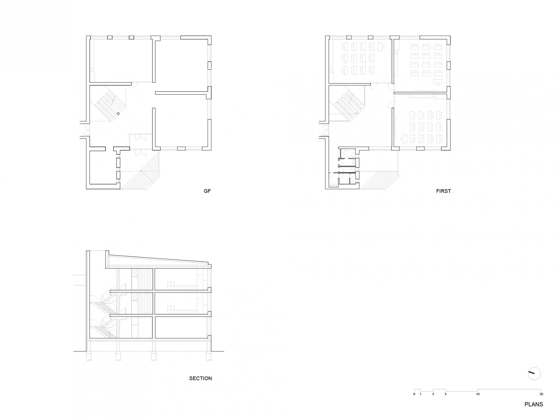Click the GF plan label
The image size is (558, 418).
pyautogui.click(x=207, y=191)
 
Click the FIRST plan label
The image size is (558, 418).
pyautogui.click(x=443, y=191)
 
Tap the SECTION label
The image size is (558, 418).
pyautogui.click(x=200, y=378)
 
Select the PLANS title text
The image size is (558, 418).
pyautogui.click(x=534, y=404)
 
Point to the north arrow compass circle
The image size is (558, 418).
pyautogui.click(x=534, y=374)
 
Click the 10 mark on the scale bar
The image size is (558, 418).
pyautogui.click(x=478, y=394)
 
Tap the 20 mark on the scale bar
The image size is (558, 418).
pyautogui.click(x=541, y=394)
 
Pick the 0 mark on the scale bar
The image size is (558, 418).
pyautogui.click(x=414, y=394)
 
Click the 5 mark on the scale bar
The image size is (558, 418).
pyautogui.click(x=446, y=394)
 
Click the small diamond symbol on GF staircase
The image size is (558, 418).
pyautogui.click(x=118, y=113)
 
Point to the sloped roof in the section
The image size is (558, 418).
pyautogui.click(x=158, y=260)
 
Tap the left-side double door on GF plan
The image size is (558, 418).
pyautogui.click(x=86, y=130)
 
